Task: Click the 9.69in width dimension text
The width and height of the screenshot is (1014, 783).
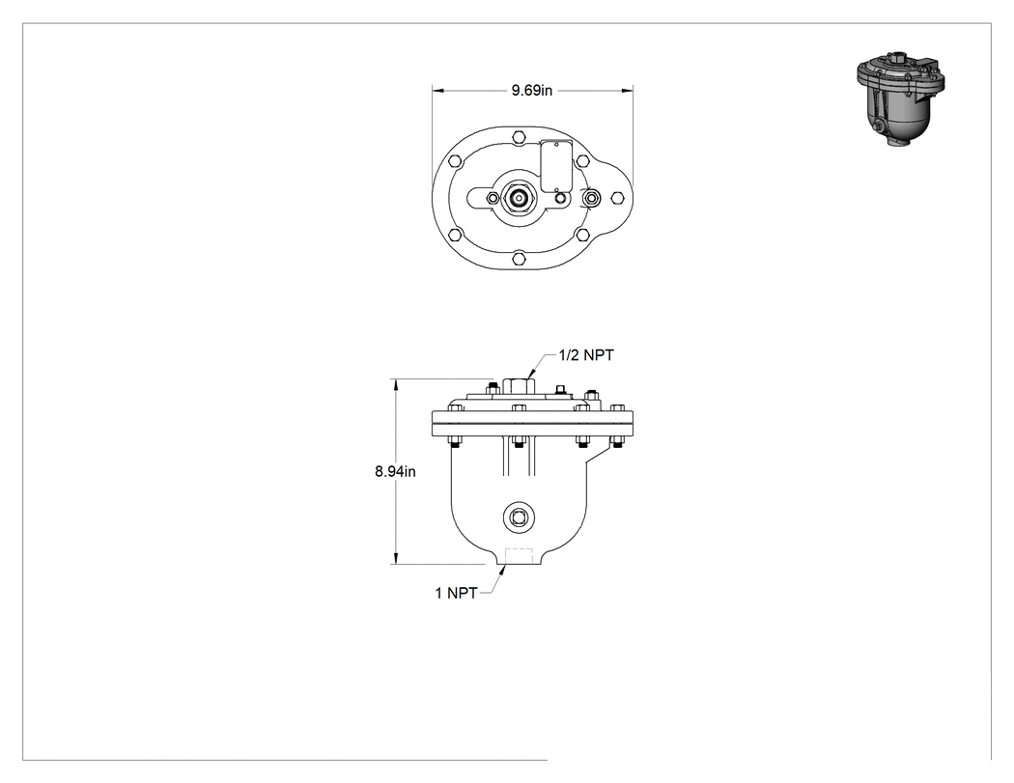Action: pyautogui.click(x=531, y=91)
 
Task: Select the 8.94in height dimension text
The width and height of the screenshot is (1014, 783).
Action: pyautogui.click(x=395, y=472)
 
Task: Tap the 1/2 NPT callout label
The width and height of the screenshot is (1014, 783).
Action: pyautogui.click(x=586, y=355)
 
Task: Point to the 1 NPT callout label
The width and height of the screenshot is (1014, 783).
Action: pyautogui.click(x=456, y=593)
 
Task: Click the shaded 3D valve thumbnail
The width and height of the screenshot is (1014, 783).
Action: pyautogui.click(x=900, y=98)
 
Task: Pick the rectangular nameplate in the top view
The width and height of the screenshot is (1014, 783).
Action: pyautogui.click(x=555, y=166)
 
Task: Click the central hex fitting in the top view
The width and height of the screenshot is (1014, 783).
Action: pyautogui.click(x=518, y=198)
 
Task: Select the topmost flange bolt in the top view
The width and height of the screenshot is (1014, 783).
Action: pyautogui.click(x=518, y=136)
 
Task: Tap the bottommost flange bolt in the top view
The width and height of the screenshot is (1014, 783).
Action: pyautogui.click(x=518, y=260)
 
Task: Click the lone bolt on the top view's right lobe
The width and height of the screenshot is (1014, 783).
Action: pyautogui.click(x=616, y=198)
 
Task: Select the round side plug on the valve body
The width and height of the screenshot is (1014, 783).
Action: pyautogui.click(x=519, y=517)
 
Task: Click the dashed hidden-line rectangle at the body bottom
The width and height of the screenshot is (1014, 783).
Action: pyautogui.click(x=519, y=556)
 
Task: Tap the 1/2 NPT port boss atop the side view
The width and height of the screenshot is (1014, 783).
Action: pyautogui.click(x=518, y=386)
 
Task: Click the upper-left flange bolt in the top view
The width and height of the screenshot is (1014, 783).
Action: pyautogui.click(x=455, y=161)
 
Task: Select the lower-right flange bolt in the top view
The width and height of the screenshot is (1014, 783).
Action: pyautogui.click(x=582, y=235)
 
